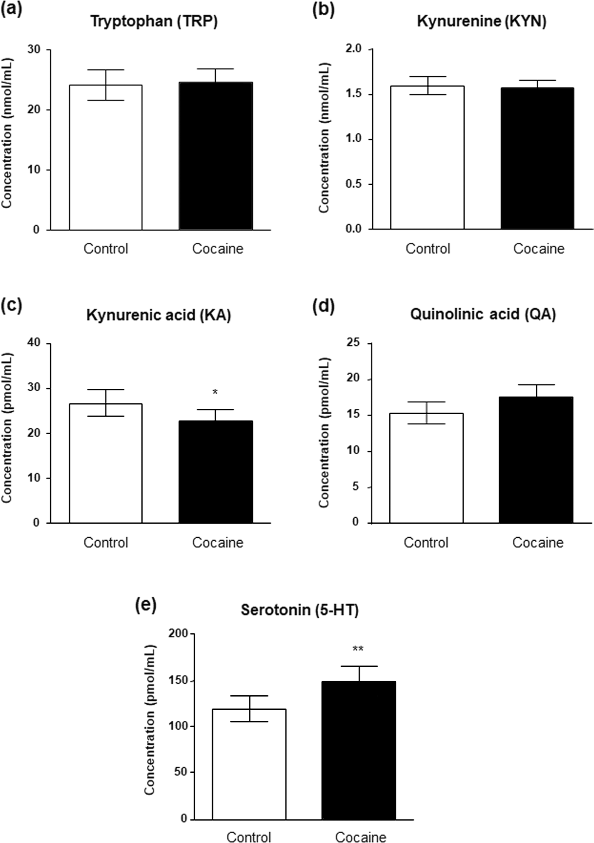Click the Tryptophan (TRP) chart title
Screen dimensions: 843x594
click(x=154, y=22)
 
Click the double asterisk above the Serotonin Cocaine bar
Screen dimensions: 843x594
click(x=358, y=649)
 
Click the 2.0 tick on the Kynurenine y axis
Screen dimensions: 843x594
click(x=353, y=49)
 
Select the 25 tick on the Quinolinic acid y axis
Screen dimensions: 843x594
click(x=353, y=343)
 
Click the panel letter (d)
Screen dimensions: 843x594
click(x=323, y=307)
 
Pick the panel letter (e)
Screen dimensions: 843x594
click(x=146, y=605)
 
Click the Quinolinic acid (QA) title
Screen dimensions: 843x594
click(x=483, y=314)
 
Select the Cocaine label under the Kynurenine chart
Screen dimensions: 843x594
click(x=539, y=249)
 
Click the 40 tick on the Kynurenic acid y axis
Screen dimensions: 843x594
click(x=34, y=343)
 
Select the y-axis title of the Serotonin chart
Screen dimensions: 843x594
click(x=149, y=720)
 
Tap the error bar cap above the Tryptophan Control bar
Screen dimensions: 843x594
click(x=106, y=70)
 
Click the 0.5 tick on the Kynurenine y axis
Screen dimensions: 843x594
click(x=353, y=184)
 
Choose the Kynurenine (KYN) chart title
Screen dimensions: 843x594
click(x=482, y=22)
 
